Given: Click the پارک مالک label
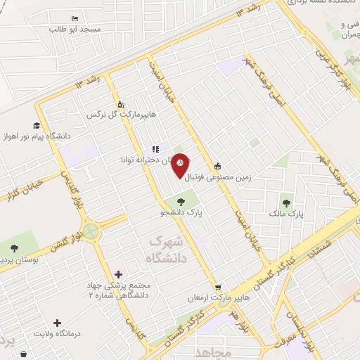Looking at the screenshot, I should pyautogui.click(x=284, y=212).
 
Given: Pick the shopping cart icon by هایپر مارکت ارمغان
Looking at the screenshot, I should pyautogui.click(x=219, y=288).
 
